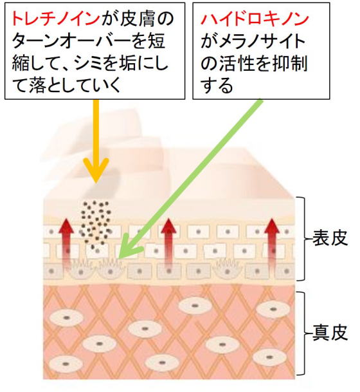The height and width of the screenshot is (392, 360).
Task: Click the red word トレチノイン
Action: (x=55, y=19)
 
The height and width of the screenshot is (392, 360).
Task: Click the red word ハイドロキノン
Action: (x=255, y=19)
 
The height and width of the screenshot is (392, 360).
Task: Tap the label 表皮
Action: (x=330, y=238)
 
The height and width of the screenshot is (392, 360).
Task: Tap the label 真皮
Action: (x=330, y=333)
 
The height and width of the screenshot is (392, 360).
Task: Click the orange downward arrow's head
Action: (x=96, y=170)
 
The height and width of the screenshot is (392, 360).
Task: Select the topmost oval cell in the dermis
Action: (x=195, y=305)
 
